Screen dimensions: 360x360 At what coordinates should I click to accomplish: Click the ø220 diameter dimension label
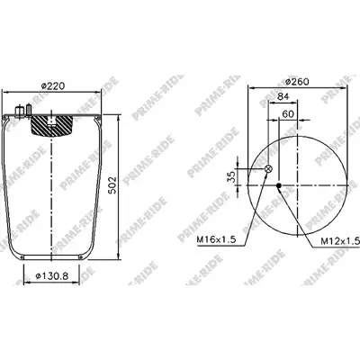(x=53, y=86)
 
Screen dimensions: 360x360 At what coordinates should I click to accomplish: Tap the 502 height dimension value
(x=112, y=185)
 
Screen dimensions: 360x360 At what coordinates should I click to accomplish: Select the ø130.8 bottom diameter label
(x=52, y=275)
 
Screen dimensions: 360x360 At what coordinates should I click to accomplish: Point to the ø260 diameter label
(x=297, y=81)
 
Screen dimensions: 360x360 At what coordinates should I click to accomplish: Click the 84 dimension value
(x=283, y=96)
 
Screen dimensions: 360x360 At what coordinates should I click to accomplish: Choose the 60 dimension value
(x=288, y=113)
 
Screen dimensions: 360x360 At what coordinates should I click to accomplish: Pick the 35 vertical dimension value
(x=231, y=177)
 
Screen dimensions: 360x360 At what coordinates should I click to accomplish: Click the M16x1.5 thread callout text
(x=216, y=239)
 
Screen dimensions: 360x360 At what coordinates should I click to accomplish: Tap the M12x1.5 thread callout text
(x=340, y=240)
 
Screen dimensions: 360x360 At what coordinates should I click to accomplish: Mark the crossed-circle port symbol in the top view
(x=268, y=169)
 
